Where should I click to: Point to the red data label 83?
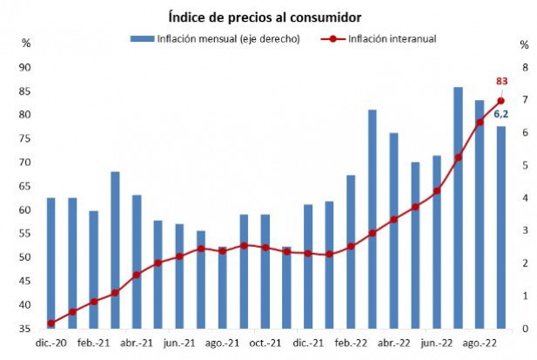[x=502, y=82]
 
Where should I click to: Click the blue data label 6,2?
[x=502, y=113]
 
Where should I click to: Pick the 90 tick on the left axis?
[x=25, y=68]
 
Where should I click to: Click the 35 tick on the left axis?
[x=25, y=329]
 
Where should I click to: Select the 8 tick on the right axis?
[x=523, y=68]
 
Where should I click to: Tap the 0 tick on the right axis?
[x=523, y=329]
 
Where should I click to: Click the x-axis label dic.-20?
[x=51, y=343]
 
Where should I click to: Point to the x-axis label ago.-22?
[x=480, y=343]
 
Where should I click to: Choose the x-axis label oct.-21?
[x=265, y=343]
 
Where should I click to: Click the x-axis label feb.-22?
[x=351, y=343]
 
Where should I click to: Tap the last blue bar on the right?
[x=501, y=227]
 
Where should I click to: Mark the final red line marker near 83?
[x=501, y=101]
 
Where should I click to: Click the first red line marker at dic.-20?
[x=50, y=323]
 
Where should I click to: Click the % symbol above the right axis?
[x=524, y=44]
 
